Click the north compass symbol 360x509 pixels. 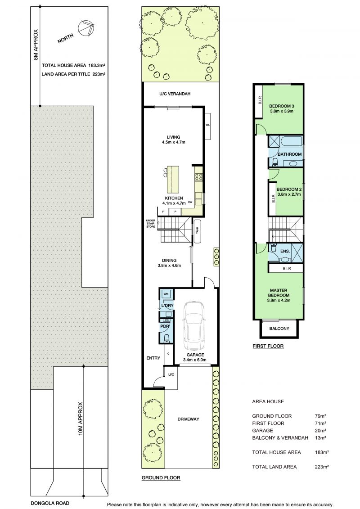click(85, 28)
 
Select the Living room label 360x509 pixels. click(174, 140)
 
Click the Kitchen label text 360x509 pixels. click(174, 201)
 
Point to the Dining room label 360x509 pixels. click(169, 263)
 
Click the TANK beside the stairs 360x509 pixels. click(197, 230)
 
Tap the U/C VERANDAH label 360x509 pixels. click(175, 94)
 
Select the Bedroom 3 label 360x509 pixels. click(282, 108)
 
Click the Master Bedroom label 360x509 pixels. click(279, 295)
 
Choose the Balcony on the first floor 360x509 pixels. click(279, 329)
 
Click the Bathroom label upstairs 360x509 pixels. click(289, 154)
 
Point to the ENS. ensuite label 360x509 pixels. click(285, 251)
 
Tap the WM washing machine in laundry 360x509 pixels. click(166, 294)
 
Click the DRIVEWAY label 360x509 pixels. click(188, 419)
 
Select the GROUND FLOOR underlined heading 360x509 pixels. click(161, 478)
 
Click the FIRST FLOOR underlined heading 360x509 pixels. click(268, 347)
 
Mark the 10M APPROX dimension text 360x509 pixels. click(81, 419)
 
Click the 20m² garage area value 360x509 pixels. click(320, 430)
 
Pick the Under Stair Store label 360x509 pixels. click(151, 223)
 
